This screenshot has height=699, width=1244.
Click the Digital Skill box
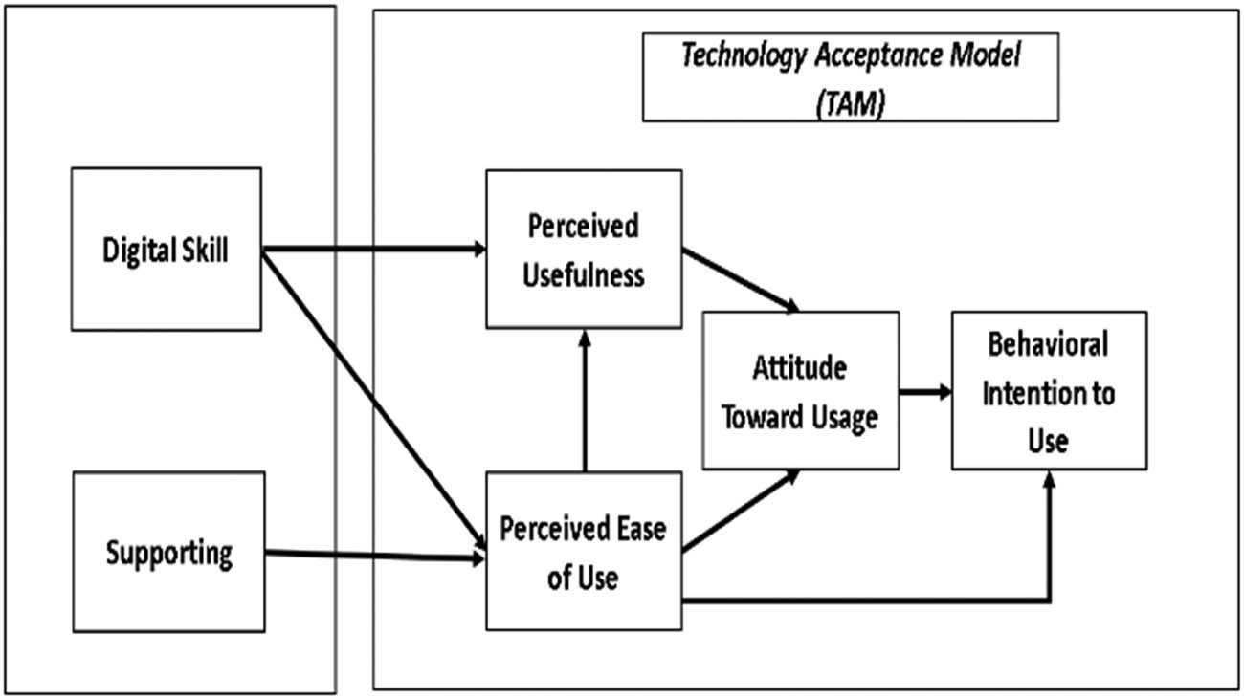click(167, 250)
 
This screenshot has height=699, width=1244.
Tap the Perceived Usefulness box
click(584, 250)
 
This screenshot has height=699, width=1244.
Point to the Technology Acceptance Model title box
click(850, 78)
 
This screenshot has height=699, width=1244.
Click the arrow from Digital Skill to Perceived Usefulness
click(373, 250)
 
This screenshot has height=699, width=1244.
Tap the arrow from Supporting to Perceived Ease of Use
click(373, 555)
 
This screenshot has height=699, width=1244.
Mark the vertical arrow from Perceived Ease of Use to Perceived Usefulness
click(584, 402)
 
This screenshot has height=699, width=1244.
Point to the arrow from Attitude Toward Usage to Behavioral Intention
click(924, 391)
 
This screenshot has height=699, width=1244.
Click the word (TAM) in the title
click(850, 103)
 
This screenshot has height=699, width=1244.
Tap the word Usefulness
click(584, 275)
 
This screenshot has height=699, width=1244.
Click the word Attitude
click(800, 367)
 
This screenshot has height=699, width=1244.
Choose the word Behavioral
click(1048, 343)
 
